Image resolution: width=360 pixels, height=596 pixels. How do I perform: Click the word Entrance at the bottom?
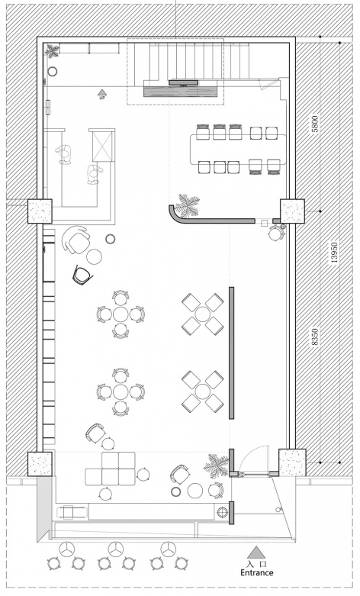click(x=257, y=572)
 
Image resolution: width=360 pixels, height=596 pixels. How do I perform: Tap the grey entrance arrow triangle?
click(x=256, y=552)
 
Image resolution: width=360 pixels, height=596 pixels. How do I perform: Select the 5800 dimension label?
click(x=315, y=124)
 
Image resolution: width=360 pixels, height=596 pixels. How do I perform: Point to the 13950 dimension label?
click(x=334, y=252)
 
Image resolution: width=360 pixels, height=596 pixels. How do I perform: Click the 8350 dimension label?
click(x=315, y=337)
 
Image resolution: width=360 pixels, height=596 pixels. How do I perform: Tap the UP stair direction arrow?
click(x=101, y=92)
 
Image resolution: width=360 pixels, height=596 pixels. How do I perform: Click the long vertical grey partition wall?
click(x=231, y=353)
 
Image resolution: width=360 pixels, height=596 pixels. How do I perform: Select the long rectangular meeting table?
click(x=239, y=150)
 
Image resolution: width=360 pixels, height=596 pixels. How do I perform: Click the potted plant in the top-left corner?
click(x=52, y=50)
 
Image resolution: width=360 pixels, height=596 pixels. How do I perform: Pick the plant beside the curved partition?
click(x=188, y=205)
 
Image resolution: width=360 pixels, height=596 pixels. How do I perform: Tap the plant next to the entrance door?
click(x=216, y=465)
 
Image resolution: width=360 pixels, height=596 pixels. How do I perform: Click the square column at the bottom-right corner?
click(x=292, y=462)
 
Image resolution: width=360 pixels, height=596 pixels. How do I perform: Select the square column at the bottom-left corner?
click(x=40, y=464)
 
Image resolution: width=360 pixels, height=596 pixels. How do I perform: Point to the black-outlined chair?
click(x=82, y=275)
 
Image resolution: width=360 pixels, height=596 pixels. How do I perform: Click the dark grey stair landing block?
click(x=181, y=92)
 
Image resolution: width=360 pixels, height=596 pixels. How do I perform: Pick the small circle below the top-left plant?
click(x=52, y=71)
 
